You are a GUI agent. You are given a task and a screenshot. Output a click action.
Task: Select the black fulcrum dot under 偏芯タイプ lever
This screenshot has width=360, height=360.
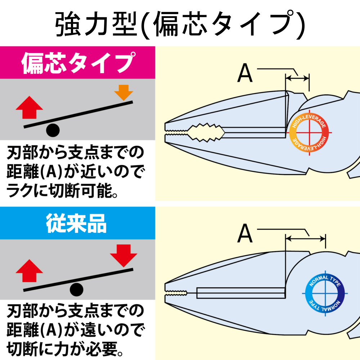[x=53, y=130]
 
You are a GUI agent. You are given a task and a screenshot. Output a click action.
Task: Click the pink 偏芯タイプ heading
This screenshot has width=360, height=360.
[x=77, y=63]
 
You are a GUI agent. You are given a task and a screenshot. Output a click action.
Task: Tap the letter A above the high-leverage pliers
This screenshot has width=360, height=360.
[x=245, y=74]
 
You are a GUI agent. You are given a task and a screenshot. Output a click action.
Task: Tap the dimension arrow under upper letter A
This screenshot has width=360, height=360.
[x=297, y=77]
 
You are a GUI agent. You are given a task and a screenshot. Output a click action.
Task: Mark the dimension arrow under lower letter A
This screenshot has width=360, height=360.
[x=305, y=237]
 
